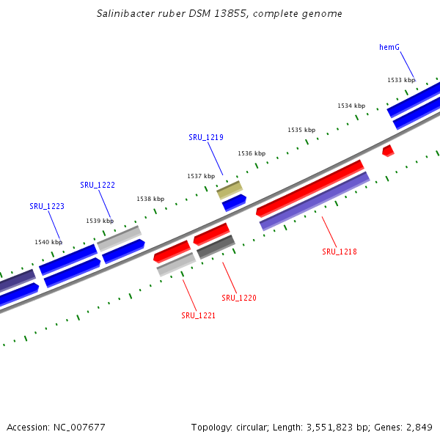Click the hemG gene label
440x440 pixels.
coord(389,47)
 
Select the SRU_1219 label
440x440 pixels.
coord(206,137)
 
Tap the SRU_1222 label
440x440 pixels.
coord(98,185)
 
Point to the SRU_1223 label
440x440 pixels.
coord(47,206)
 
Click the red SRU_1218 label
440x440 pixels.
coord(340,252)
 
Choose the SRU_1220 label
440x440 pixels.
coord(239,298)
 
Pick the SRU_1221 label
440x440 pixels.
coord(199,315)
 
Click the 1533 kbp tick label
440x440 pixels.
coord(401,80)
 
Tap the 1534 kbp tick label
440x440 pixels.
coord(351,106)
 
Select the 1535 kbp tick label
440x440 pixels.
coord(301,130)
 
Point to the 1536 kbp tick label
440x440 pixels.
coord(252,153)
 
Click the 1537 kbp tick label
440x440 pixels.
coord(201,176)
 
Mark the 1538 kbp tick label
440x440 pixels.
coord(150,199)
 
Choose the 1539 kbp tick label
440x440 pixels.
coord(100,220)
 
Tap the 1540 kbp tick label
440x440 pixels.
coord(48,241)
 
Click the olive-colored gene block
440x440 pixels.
coord(230,190)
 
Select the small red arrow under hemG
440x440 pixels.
coord(388,150)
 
